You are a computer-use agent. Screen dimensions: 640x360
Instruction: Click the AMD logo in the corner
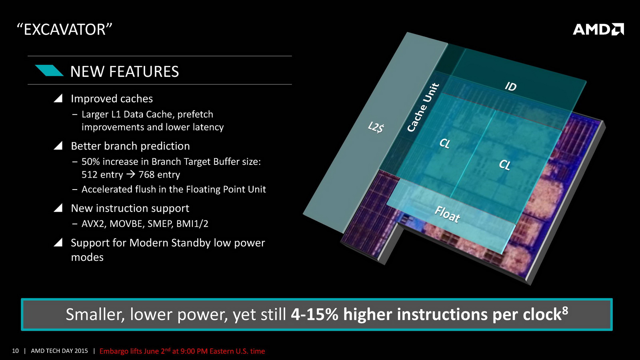598,30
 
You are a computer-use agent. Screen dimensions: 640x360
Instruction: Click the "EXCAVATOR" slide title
64,30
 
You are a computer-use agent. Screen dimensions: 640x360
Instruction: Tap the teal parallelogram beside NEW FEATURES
49,70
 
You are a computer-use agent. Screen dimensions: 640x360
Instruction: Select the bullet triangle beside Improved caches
58,98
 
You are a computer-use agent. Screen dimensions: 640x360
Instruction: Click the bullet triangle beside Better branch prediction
58,146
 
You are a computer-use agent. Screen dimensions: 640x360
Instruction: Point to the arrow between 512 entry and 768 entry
131,174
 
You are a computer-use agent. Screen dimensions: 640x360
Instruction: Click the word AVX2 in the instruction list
93,224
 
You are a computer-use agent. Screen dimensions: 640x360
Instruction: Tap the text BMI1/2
192,224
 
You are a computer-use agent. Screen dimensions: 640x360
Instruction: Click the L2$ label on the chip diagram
376,128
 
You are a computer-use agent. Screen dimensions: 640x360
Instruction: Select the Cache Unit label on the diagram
423,108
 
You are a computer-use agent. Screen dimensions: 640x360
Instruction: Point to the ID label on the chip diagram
510,86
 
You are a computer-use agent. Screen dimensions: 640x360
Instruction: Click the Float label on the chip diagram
447,214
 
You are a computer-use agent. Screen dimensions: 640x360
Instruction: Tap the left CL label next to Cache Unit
444,143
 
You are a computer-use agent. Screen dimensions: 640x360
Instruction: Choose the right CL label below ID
504,165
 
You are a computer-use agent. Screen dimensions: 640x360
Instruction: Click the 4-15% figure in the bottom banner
314,314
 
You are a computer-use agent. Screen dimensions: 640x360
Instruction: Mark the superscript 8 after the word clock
565,310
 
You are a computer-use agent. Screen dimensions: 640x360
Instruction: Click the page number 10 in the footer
16,351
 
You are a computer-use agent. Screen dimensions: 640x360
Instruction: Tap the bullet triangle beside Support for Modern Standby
58,242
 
